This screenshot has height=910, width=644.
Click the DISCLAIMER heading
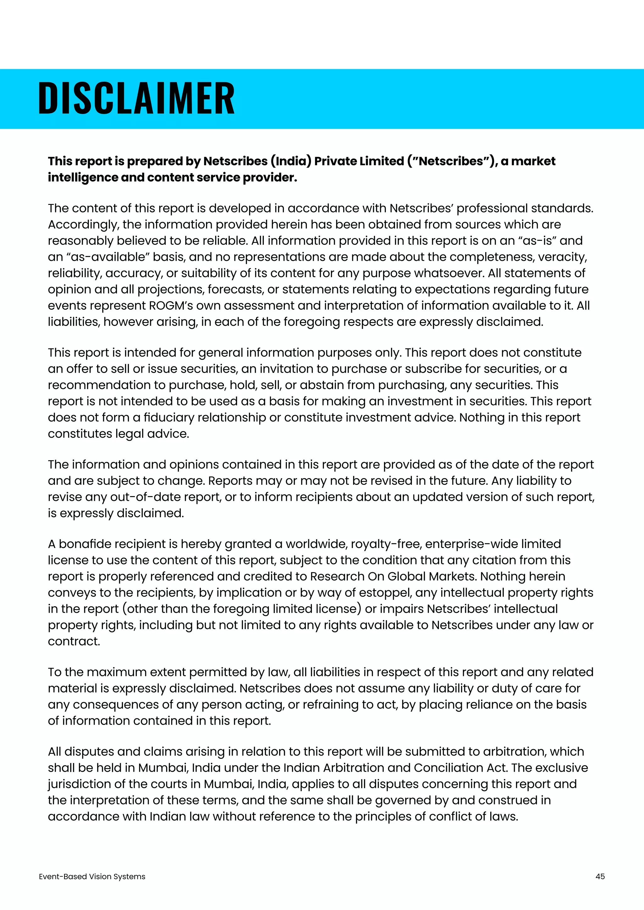pyautogui.click(x=136, y=98)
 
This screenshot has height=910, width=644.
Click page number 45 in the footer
pyautogui.click(x=600, y=876)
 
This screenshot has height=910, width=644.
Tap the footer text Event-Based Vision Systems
pyautogui.click(x=92, y=876)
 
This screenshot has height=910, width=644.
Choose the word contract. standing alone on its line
pyautogui.click(x=74, y=641)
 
